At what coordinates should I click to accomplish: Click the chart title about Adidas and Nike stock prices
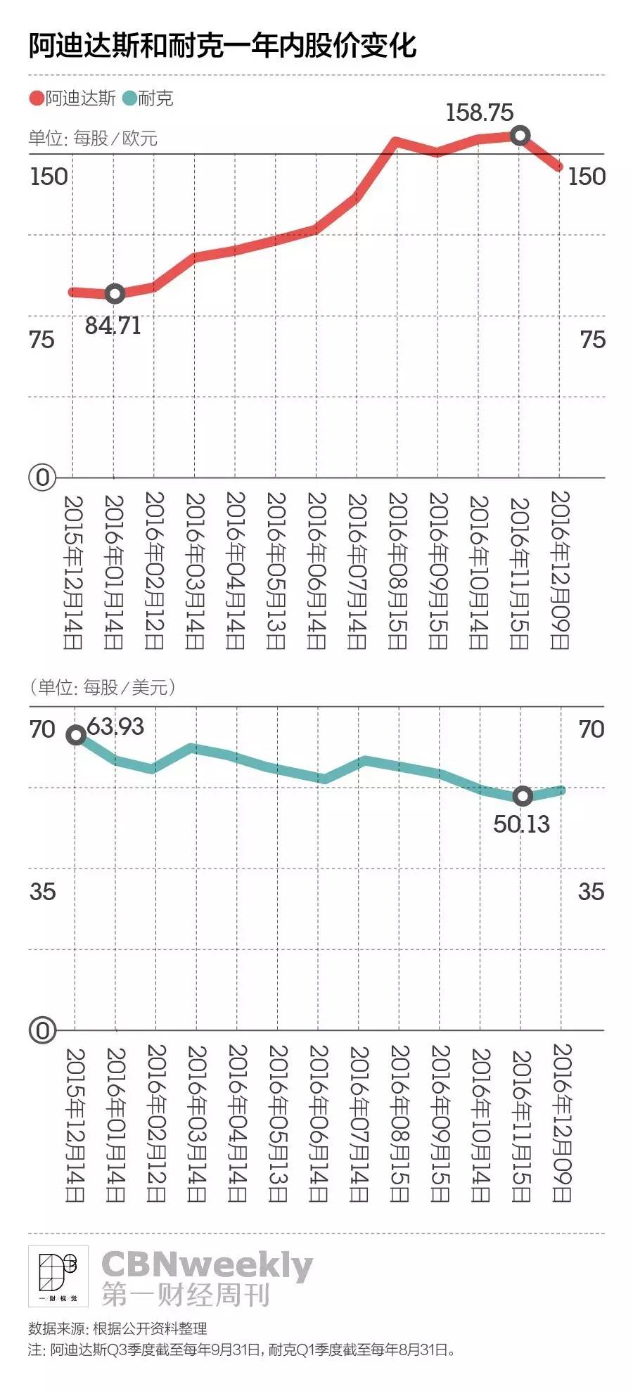pos(222,46)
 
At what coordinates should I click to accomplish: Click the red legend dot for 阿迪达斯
pos(37,98)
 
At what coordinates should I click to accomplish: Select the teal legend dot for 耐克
pos(129,98)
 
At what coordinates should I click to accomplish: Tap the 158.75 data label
pos(480,113)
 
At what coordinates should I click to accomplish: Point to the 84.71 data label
pos(113,326)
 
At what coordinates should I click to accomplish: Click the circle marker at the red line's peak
pos(520,135)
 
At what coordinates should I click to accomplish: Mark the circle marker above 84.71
pos(115,293)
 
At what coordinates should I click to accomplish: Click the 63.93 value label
pos(115,726)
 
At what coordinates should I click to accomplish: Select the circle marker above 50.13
pos(523,795)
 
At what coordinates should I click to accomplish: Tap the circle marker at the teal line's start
pos(76,735)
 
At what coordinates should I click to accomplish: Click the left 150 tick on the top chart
pos(49,176)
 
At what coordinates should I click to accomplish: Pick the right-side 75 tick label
pos(592,340)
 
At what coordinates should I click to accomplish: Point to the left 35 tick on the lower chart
pos(42,892)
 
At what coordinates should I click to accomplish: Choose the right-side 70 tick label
pos(592,729)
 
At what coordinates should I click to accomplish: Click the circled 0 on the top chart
pos(42,477)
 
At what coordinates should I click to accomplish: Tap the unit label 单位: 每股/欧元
pos(93,138)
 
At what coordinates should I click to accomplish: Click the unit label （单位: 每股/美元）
pos(102,686)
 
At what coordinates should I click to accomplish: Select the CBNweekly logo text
pos(207,1265)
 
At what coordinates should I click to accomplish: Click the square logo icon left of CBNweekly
pos(58,1276)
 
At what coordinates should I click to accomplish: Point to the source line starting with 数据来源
pos(117,1328)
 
